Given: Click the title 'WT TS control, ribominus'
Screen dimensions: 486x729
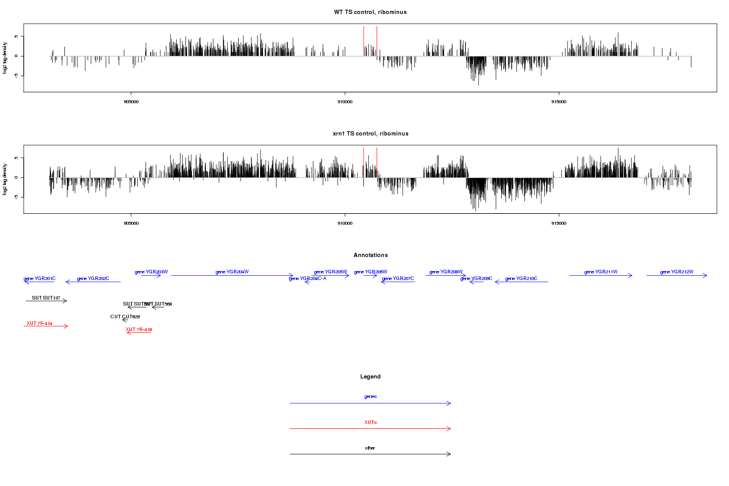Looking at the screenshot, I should click(370, 12).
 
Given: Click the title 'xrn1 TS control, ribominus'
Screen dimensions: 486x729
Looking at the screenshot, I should click(370, 133).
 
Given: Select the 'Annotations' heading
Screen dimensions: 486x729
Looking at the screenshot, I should click(370, 255).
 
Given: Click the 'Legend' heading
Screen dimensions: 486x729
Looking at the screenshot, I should click(370, 377).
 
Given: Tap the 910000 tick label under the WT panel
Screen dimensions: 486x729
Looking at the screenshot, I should click(344, 101).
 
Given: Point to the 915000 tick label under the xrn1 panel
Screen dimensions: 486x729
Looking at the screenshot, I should click(558, 223).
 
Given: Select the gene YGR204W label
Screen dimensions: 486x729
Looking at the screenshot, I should click(232, 272).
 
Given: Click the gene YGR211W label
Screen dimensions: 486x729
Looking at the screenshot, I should click(600, 272).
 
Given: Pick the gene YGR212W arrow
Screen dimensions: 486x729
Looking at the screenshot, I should click(676, 276).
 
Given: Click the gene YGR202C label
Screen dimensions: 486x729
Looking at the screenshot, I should click(93, 278).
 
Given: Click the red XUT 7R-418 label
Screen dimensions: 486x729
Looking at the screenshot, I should click(139, 329).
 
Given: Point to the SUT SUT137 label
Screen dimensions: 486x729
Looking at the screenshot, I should click(46, 298).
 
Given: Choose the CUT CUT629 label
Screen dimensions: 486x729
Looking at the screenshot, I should click(125, 317).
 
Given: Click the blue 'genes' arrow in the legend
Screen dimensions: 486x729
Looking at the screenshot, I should click(370, 403).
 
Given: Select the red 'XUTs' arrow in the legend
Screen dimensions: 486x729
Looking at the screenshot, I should click(370, 429).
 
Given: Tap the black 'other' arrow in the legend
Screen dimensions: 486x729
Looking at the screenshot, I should click(370, 454).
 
